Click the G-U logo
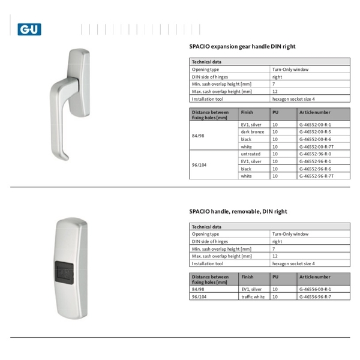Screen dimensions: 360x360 [x=29, y=29]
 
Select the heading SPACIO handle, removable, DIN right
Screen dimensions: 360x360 [x=238, y=211]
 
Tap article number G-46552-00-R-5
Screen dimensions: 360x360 [x=315, y=131]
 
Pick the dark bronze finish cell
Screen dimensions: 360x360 [x=252, y=131]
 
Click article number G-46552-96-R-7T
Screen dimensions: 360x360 [x=316, y=176]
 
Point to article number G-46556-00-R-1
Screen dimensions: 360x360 [x=315, y=289]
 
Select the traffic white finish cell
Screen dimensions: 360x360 [x=253, y=296]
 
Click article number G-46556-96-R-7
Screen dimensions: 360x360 [x=315, y=296]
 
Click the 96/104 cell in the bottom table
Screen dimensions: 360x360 [x=198, y=296]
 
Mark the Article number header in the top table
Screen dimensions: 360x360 [x=314, y=112]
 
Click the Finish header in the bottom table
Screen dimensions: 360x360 [x=247, y=277]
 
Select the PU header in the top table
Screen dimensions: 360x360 [x=275, y=112]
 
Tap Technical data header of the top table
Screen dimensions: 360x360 [x=206, y=62]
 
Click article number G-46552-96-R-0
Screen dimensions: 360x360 [x=315, y=154]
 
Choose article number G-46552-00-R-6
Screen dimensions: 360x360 [x=315, y=139]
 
